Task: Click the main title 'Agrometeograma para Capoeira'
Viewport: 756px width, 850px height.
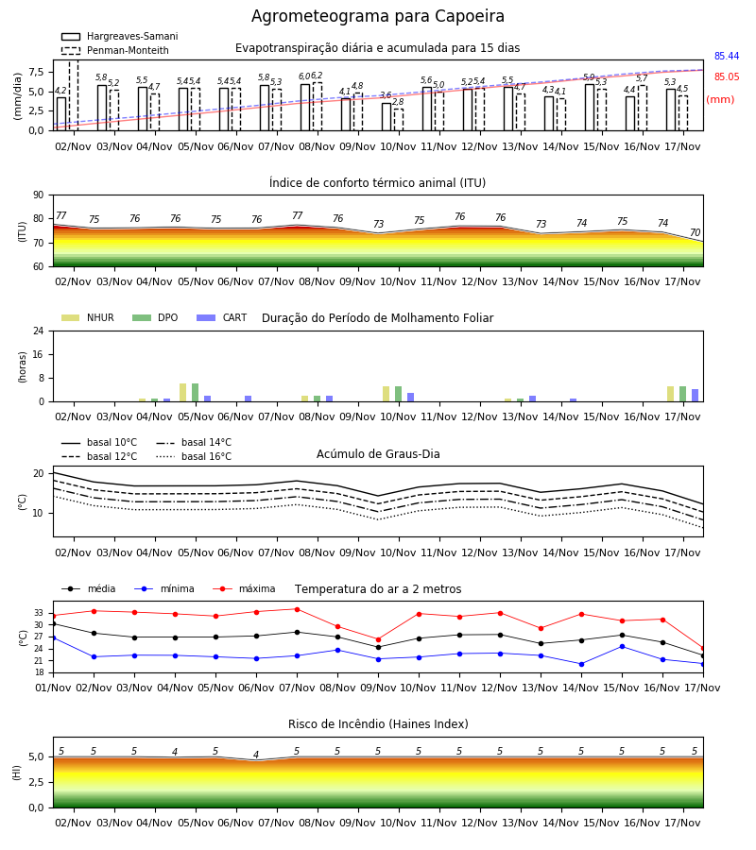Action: tap(377, 17)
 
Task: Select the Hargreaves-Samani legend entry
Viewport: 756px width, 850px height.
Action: tap(119, 36)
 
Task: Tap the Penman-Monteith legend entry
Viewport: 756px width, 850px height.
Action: tap(115, 50)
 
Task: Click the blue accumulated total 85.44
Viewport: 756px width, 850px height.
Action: tap(727, 56)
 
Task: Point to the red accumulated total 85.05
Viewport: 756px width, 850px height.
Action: tap(727, 76)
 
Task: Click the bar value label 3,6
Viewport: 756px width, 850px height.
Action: tap(386, 95)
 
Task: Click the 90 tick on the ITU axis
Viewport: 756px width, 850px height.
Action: tap(39, 195)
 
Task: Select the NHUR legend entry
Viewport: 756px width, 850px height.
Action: tap(88, 317)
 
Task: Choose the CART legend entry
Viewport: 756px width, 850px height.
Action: tap(222, 317)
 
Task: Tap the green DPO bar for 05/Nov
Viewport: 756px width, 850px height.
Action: tap(196, 393)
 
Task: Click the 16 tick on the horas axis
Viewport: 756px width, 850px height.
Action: tap(39, 354)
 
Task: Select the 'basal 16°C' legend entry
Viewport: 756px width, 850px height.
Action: tap(194, 456)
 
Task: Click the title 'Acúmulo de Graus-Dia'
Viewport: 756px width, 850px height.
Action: tap(378, 454)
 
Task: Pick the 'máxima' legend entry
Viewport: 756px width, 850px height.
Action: tap(245, 588)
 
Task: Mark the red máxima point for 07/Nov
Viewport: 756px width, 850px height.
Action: tap(297, 609)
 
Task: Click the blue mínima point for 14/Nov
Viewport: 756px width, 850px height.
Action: tap(581, 664)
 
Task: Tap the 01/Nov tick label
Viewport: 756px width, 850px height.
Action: tap(53, 688)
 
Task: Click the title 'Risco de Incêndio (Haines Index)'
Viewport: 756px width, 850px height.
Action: tap(378, 724)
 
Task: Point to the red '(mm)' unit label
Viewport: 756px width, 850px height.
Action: tap(720, 100)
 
